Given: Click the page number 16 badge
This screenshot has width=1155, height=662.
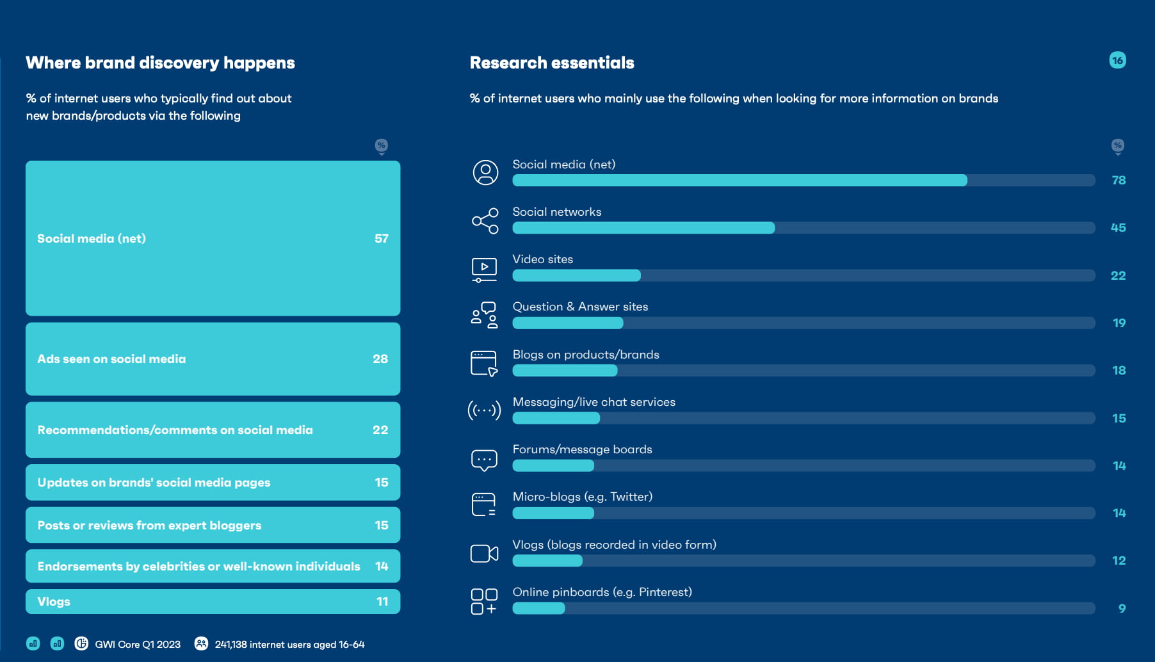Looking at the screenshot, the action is (x=1117, y=60).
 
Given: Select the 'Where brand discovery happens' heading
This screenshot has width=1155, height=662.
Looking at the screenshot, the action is (x=160, y=63).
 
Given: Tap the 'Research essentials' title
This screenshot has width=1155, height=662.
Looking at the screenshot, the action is (x=552, y=63).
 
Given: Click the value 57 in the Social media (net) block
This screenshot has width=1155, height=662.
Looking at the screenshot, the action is (x=382, y=239).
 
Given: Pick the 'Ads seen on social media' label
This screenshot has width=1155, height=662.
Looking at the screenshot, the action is (x=111, y=359).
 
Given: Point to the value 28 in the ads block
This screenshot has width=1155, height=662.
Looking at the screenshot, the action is (x=380, y=359).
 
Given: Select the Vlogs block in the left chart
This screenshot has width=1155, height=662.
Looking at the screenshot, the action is (x=213, y=602).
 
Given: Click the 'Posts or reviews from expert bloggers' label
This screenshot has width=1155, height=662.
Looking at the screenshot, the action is (x=149, y=526).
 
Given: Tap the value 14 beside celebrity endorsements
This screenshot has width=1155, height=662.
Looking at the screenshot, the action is (x=382, y=567).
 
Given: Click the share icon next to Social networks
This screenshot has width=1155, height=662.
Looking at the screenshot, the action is (x=485, y=221).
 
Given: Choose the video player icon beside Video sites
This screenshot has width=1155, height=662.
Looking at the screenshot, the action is (x=484, y=270).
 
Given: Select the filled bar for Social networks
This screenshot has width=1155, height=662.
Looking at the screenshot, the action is (x=643, y=228).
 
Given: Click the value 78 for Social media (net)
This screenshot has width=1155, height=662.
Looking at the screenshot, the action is (x=1119, y=181).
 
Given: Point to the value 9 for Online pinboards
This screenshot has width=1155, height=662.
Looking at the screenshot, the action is (x=1122, y=608).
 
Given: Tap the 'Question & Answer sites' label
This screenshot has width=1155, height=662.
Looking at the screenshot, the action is (x=580, y=307).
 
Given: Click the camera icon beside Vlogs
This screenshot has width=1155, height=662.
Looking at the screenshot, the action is (x=484, y=554).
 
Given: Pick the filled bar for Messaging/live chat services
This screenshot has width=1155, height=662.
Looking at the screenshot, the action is (x=556, y=418).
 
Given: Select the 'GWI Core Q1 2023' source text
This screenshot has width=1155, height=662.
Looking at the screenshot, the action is (x=138, y=645).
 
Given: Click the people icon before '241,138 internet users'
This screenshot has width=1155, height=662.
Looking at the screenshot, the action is (x=201, y=643).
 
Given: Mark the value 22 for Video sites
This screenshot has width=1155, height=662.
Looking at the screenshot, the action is (x=1118, y=276).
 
